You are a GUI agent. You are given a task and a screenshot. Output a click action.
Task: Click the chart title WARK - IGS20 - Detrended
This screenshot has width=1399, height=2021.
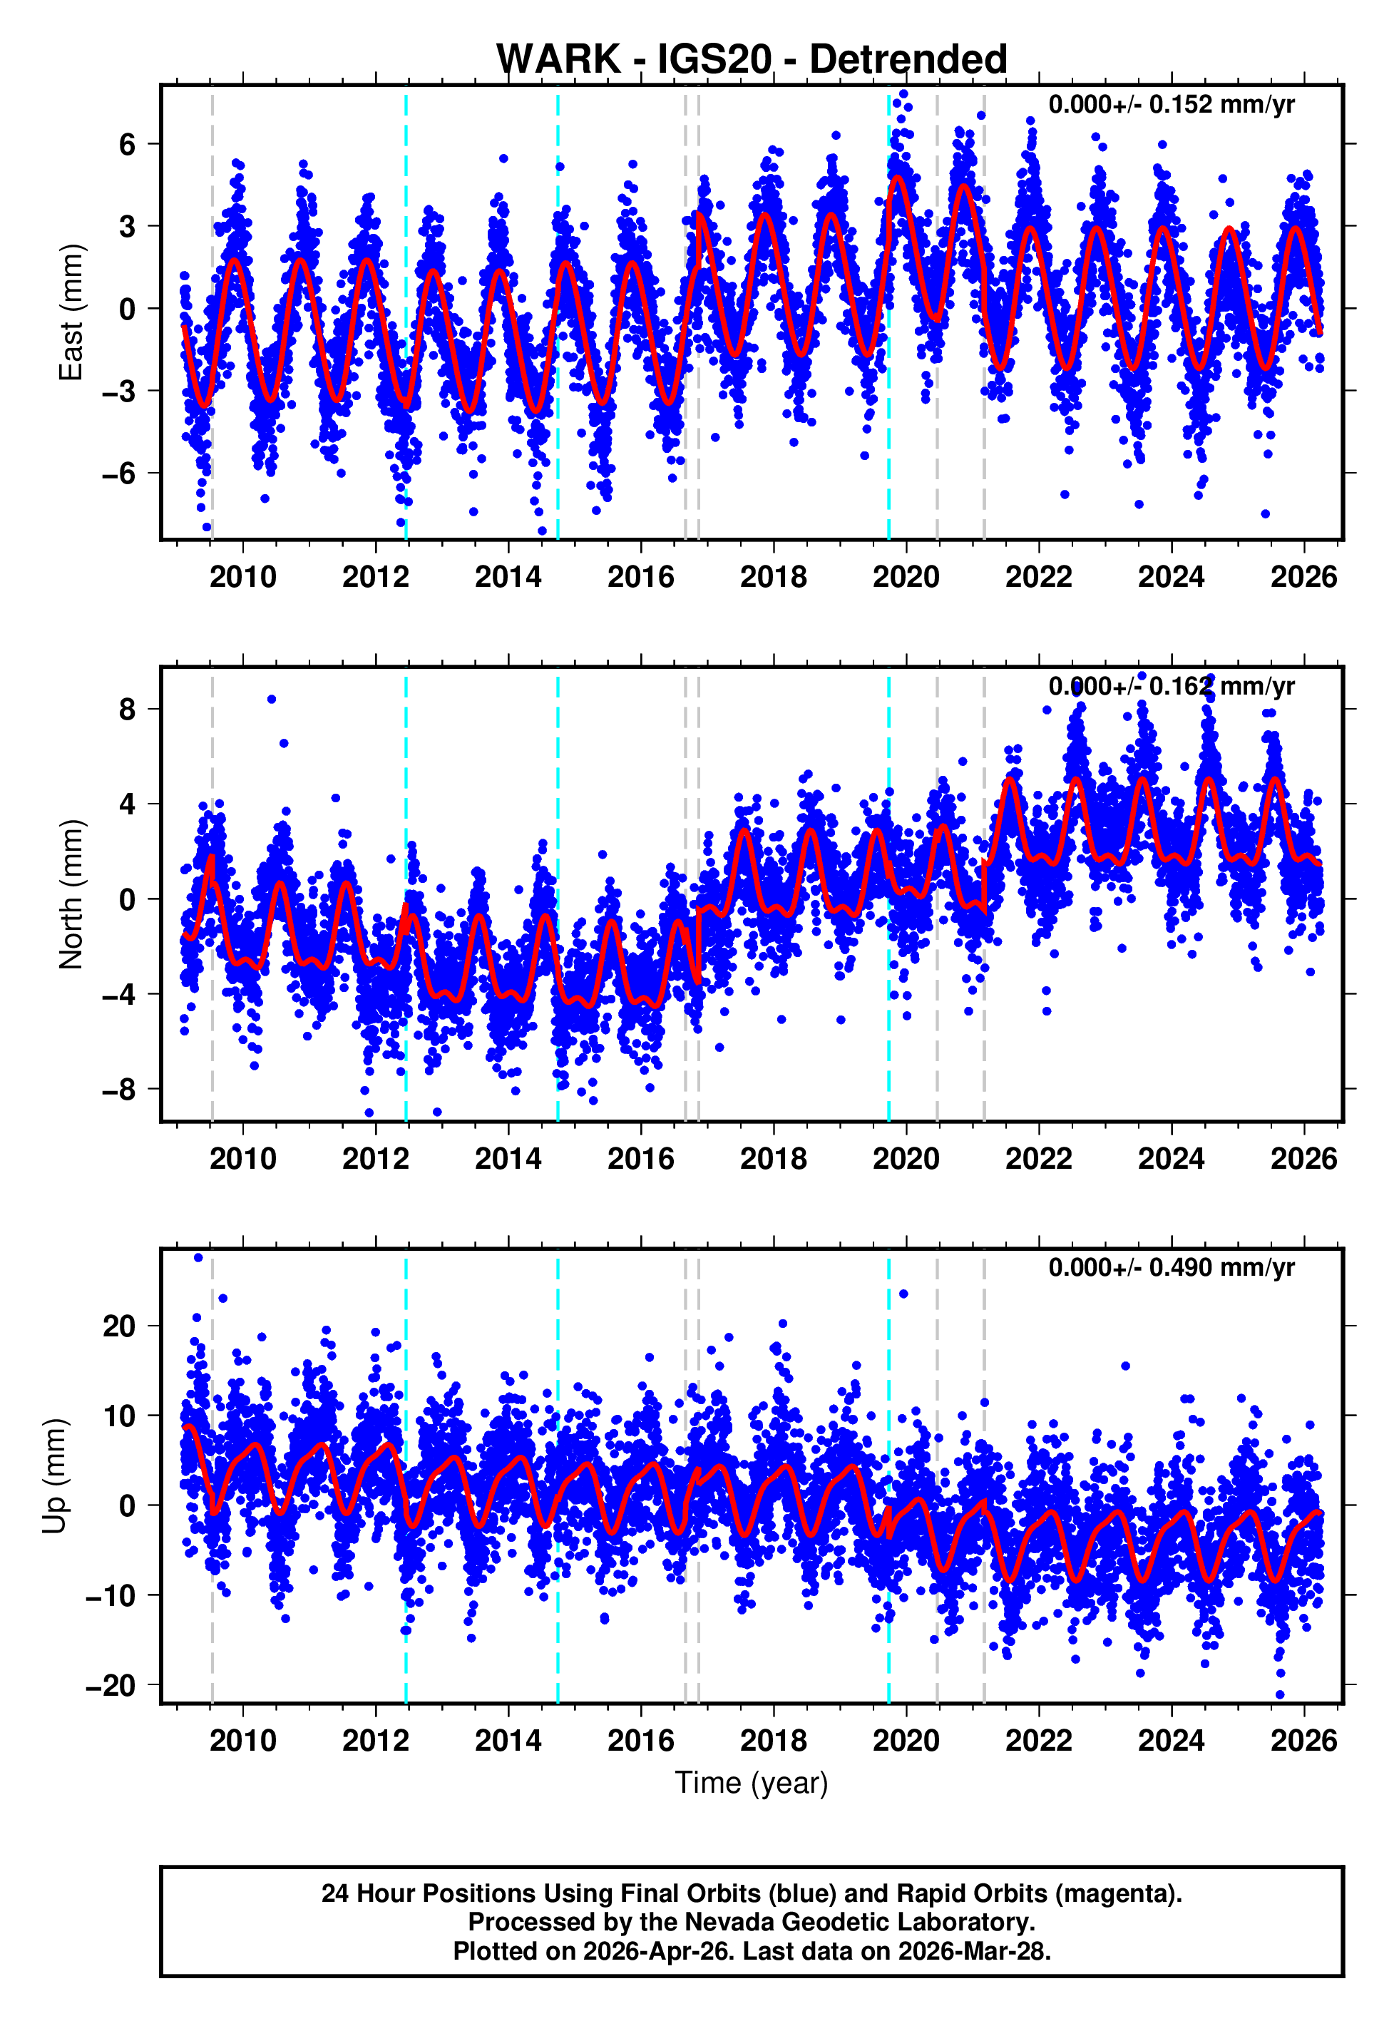[x=752, y=60]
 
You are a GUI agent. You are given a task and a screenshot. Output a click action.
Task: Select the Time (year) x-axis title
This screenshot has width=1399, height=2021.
[x=752, y=1783]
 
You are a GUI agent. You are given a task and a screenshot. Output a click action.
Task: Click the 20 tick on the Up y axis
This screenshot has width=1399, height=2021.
[x=119, y=1326]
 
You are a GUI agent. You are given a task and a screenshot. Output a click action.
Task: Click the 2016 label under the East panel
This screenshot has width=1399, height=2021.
[x=641, y=577]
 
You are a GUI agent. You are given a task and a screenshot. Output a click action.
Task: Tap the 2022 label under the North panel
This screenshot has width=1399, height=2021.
[x=1039, y=1159]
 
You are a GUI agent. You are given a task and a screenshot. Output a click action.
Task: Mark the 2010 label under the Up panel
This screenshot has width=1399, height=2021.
[x=243, y=1740]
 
